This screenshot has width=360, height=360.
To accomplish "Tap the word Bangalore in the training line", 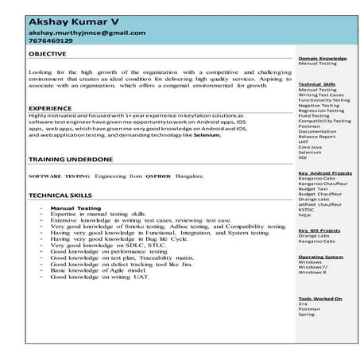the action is [x=192, y=176].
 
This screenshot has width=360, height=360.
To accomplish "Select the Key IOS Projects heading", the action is [x=319, y=230].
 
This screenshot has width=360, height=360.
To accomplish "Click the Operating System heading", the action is [x=320, y=257].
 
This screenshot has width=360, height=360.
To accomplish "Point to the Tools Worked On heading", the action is [x=320, y=298].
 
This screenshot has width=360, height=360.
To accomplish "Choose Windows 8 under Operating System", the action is [x=313, y=273].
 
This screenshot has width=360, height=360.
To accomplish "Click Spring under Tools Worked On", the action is [x=307, y=313].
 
